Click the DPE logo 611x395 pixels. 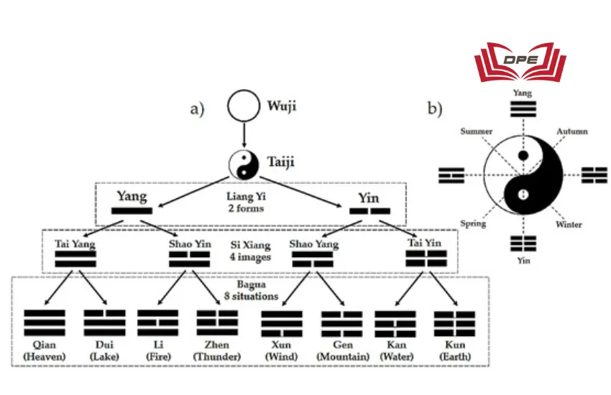click(x=521, y=62)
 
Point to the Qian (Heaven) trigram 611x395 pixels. click(x=45, y=324)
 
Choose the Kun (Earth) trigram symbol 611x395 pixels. click(x=454, y=324)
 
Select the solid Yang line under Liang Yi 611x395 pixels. click(x=132, y=211)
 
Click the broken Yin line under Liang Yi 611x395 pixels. click(x=369, y=211)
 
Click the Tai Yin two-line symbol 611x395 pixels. click(x=426, y=259)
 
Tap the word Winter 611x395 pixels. click(x=568, y=224)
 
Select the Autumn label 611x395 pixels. click(x=572, y=131)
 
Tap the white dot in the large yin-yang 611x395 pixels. click(x=524, y=193)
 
